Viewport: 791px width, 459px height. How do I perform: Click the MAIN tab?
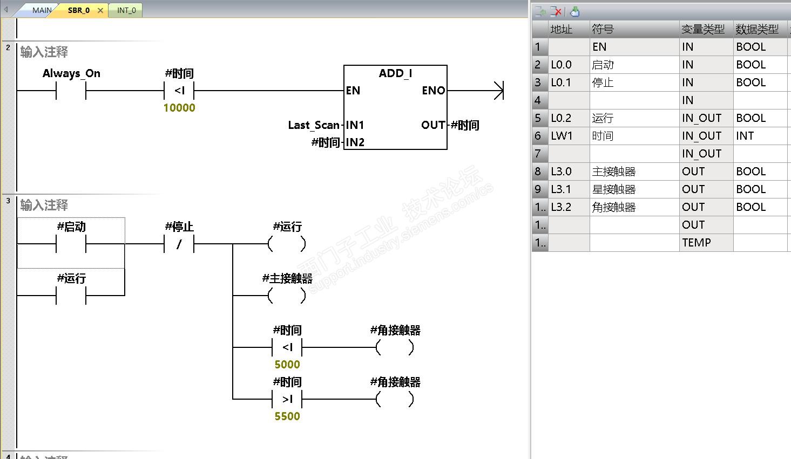pos(42,10)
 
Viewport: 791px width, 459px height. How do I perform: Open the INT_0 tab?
pos(126,10)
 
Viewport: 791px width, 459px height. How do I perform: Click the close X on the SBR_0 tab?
pos(100,10)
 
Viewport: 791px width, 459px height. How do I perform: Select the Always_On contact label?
pos(71,73)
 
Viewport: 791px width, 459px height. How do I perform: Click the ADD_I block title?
pos(395,73)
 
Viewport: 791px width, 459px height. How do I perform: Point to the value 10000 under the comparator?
pos(179,108)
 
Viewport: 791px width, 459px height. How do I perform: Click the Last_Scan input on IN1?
pos(314,125)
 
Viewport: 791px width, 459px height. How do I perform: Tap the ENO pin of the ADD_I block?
pos(433,90)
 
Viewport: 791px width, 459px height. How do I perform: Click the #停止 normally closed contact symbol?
pos(179,244)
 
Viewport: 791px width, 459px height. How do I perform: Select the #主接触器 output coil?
pos(287,296)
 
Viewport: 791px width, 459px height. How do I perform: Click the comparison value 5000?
pos(287,364)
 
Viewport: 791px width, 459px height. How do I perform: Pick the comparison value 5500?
pos(287,416)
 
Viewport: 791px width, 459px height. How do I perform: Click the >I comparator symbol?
pos(287,399)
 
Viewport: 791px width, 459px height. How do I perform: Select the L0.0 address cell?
pos(569,65)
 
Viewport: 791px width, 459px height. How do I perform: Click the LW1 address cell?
pos(569,136)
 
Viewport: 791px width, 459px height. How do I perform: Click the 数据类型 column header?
pos(757,29)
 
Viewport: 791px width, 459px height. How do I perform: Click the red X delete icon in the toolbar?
pos(556,12)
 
